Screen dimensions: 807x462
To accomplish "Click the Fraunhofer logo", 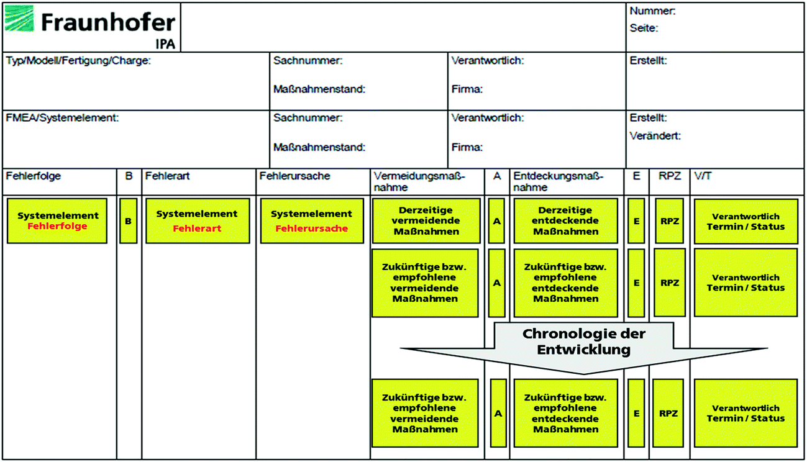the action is pyautogui.click(x=91, y=24).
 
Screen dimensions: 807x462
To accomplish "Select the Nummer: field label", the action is pyautogui.click(x=652, y=11).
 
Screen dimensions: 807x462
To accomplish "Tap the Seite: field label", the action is pyautogui.click(x=644, y=28).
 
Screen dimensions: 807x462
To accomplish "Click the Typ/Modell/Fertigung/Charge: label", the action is pyautogui.click(x=78, y=61).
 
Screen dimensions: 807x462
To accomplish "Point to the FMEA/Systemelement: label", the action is pyautogui.click(x=62, y=118).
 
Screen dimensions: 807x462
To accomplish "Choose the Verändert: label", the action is pyautogui.click(x=655, y=135).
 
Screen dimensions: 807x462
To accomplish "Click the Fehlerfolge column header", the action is pyautogui.click(x=34, y=176).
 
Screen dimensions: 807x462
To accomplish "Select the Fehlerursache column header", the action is pyautogui.click(x=295, y=176).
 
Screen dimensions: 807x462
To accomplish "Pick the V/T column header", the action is pyautogui.click(x=703, y=176).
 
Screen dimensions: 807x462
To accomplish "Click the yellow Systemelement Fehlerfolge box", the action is pyautogui.click(x=57, y=221).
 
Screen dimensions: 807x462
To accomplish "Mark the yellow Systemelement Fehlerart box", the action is pyautogui.click(x=196, y=221).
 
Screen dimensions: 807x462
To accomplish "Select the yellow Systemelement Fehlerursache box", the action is pyautogui.click(x=312, y=221).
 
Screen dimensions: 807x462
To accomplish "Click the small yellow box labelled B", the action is pyautogui.click(x=128, y=221).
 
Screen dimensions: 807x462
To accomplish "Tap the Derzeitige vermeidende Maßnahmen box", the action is pyautogui.click(x=426, y=221).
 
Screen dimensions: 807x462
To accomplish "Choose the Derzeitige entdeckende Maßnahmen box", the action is pyautogui.click(x=565, y=221).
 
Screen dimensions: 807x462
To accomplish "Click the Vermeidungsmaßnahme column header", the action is pyautogui.click(x=419, y=181).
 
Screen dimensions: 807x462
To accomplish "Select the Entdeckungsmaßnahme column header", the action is pyautogui.click(x=559, y=181).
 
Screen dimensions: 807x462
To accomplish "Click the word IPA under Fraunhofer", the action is pyautogui.click(x=165, y=44).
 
